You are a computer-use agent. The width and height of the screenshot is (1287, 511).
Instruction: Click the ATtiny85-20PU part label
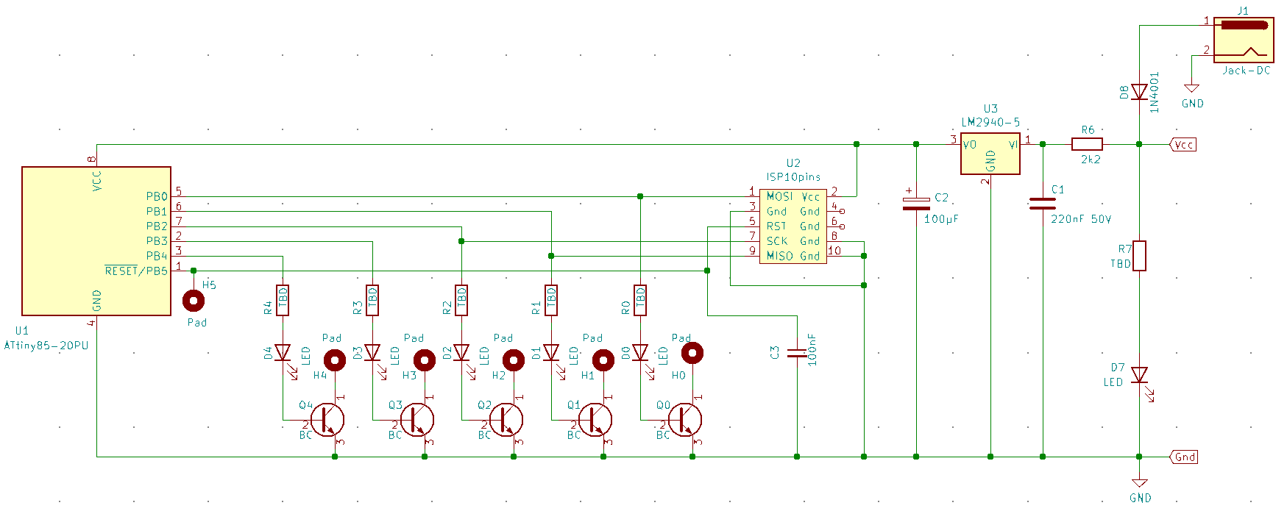coord(46,346)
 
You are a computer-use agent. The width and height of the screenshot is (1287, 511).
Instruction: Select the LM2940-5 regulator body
coord(990,154)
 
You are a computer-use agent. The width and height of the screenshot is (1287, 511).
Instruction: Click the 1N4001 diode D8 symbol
coord(1139,92)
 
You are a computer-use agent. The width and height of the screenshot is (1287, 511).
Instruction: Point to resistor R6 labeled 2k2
coord(1087,144)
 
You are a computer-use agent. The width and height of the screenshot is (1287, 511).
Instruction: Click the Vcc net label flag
coord(1183,145)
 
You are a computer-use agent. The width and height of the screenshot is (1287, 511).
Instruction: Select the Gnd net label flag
coord(1184,457)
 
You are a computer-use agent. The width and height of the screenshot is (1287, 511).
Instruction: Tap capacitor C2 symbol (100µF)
coord(916,204)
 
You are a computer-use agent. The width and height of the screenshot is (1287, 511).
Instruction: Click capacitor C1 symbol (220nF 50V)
coord(1043,204)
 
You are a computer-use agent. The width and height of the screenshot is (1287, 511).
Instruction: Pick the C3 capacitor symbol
coord(797,353)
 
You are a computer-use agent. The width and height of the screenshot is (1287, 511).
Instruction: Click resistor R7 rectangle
coord(1139,255)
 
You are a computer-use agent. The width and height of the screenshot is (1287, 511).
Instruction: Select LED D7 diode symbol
coord(1139,376)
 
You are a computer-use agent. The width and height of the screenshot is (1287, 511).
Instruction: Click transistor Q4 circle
coord(327,420)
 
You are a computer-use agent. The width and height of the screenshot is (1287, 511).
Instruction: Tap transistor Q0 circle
coord(684,420)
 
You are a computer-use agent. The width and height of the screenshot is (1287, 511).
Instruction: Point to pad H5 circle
coord(194,300)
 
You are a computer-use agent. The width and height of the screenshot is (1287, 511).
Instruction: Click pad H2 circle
coord(513,360)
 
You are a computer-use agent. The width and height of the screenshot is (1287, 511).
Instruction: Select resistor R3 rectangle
coord(372,300)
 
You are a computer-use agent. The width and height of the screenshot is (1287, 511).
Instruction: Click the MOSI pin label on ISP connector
coord(779,196)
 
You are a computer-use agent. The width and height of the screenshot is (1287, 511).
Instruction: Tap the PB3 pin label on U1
coord(157,241)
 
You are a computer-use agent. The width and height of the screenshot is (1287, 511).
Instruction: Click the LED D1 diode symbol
coord(551,353)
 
